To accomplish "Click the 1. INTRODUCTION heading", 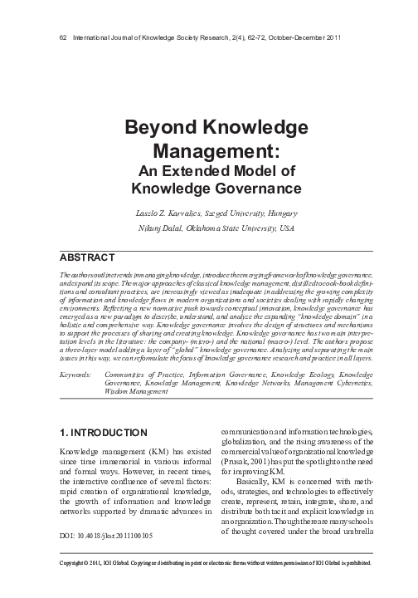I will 105,434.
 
